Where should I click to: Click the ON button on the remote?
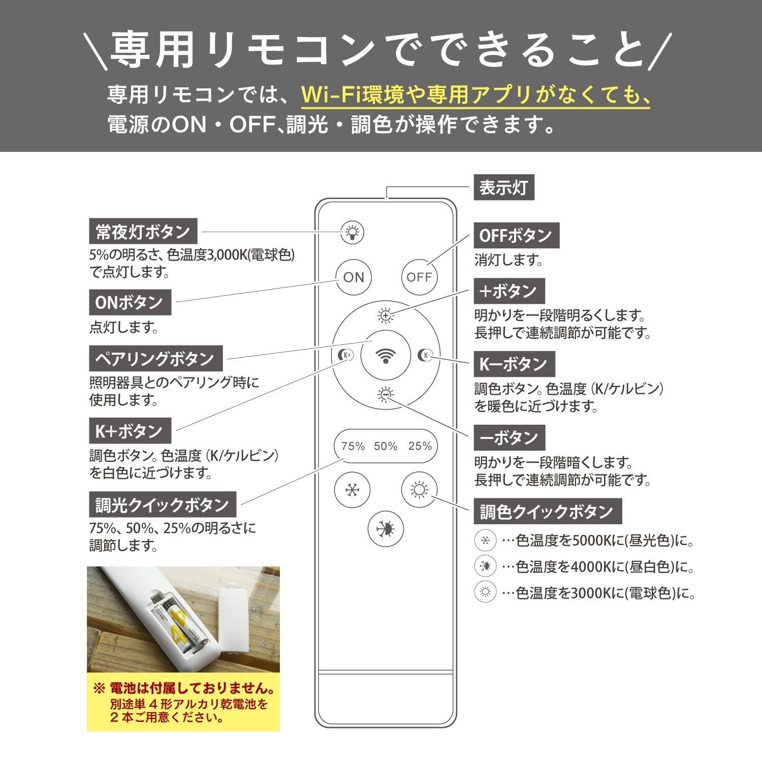(x=354, y=277)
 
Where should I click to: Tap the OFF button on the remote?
(x=419, y=277)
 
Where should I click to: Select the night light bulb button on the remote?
(x=352, y=232)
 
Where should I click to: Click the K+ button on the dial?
(x=346, y=355)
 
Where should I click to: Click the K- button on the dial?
(x=425, y=355)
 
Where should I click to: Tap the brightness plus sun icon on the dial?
(x=386, y=316)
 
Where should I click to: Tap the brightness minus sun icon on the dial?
(x=386, y=394)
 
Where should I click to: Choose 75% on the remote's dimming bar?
(x=353, y=446)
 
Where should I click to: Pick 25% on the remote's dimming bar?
(x=420, y=446)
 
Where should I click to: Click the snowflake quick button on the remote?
(x=352, y=490)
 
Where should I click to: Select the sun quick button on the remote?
(x=419, y=490)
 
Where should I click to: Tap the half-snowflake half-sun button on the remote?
(x=386, y=529)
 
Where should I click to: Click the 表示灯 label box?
(x=503, y=188)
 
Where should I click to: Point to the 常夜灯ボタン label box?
(x=143, y=232)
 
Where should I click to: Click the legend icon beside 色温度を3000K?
(x=485, y=591)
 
